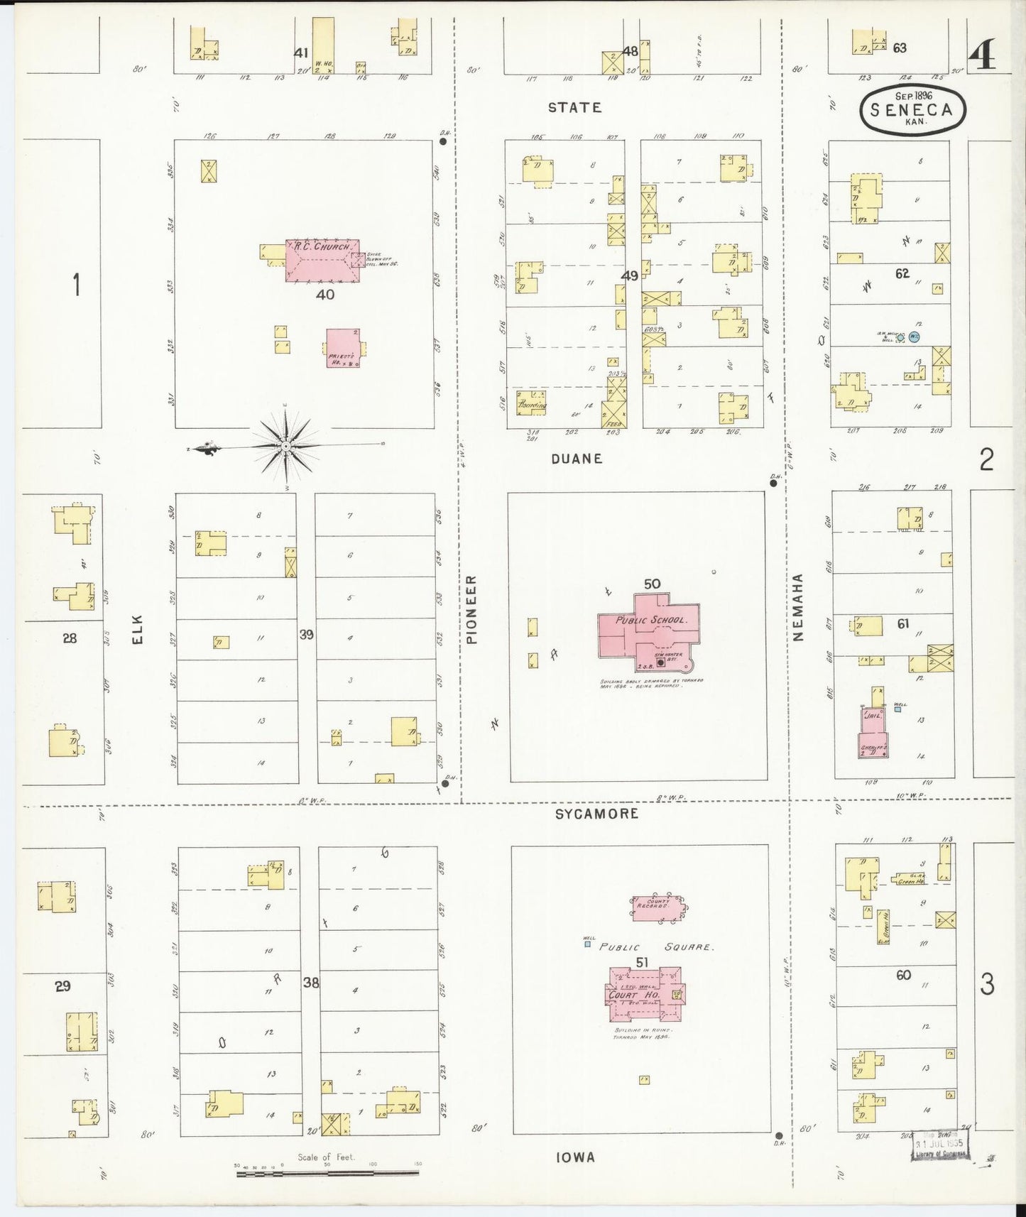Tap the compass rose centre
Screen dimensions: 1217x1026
(285, 446)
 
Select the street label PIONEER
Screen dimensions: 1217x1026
(472, 609)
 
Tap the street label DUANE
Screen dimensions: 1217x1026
(577, 459)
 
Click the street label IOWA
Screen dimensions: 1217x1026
(575, 1157)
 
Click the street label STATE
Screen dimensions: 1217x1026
(574, 107)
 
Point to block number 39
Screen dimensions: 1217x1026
(306, 634)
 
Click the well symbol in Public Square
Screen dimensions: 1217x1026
(587, 944)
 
